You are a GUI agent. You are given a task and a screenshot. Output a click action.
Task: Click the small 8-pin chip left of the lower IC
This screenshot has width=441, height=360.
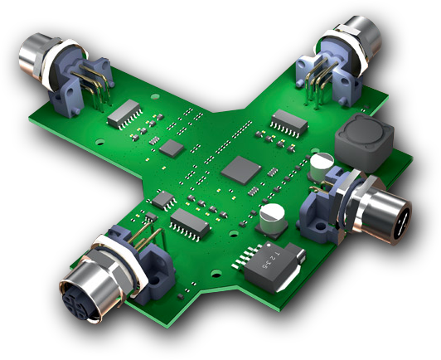coord(164,199)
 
